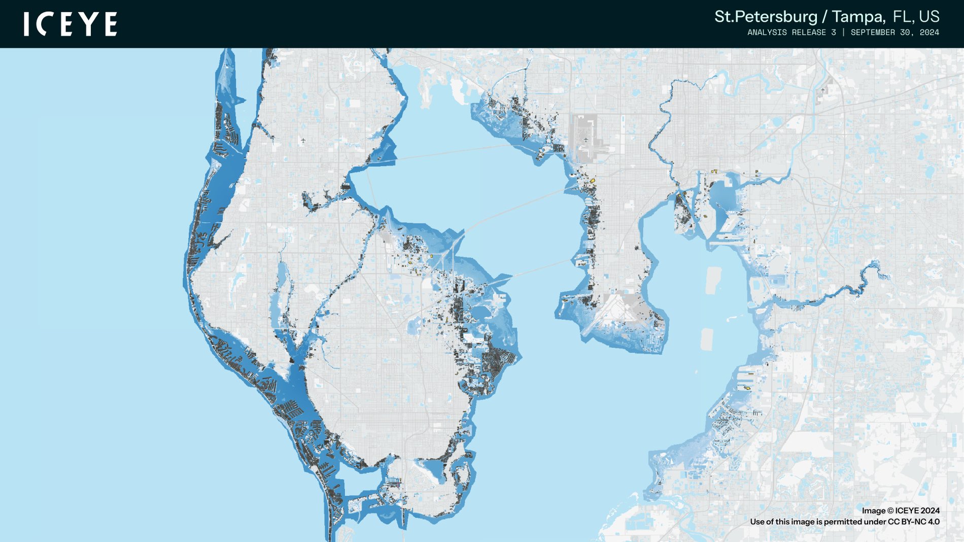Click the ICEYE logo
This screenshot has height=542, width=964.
(x=70, y=24)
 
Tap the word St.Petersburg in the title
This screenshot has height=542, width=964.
(x=766, y=17)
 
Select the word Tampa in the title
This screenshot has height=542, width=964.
(x=858, y=17)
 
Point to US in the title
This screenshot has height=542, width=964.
(x=929, y=17)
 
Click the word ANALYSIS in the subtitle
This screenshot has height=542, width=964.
(x=767, y=32)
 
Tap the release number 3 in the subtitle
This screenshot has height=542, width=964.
(x=833, y=32)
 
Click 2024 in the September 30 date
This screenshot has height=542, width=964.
(x=929, y=32)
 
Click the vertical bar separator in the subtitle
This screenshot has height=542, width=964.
(x=843, y=32)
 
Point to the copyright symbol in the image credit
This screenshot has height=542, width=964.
(x=890, y=511)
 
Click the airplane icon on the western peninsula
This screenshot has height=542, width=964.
(x=303, y=141)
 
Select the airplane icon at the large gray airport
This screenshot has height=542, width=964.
(x=586, y=140)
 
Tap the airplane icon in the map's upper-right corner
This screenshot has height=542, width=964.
(x=823, y=90)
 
